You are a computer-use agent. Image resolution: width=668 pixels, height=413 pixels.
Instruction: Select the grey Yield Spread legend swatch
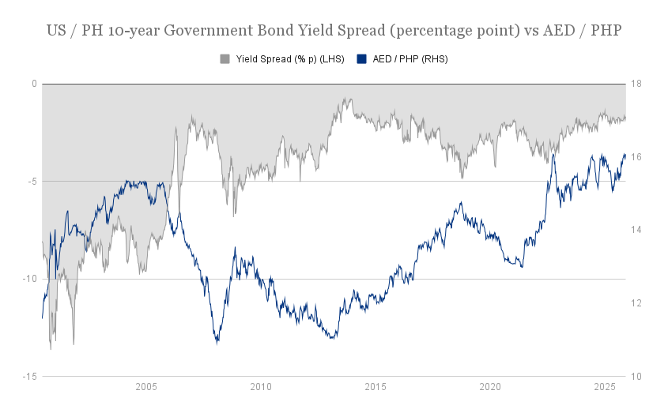(225, 59)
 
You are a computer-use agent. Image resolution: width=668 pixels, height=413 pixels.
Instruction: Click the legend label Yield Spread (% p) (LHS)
(289, 59)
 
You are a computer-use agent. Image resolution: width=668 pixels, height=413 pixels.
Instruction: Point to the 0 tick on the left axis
(34, 84)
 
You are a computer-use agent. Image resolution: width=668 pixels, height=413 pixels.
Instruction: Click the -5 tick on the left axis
(32, 182)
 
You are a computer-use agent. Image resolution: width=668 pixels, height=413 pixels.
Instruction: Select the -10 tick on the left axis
(30, 279)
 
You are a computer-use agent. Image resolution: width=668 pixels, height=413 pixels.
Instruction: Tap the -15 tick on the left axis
(30, 377)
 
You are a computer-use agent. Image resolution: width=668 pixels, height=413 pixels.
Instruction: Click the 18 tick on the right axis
(636, 84)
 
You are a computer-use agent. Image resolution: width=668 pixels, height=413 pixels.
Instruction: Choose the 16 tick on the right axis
(636, 157)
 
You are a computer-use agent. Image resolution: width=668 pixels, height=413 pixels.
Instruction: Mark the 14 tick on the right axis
(636, 230)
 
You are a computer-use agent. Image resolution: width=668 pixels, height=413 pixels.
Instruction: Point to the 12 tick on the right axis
(636, 303)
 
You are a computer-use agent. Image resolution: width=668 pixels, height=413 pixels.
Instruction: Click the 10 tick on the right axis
(636, 377)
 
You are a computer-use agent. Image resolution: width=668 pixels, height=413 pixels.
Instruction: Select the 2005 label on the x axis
(146, 387)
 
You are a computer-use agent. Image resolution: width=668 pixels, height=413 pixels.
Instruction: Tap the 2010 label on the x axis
(261, 387)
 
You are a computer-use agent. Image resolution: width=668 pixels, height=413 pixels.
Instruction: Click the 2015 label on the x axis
(376, 387)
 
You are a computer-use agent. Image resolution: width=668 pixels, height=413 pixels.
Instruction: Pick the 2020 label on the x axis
(490, 387)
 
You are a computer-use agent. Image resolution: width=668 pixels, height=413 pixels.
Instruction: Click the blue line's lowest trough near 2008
(217, 342)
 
